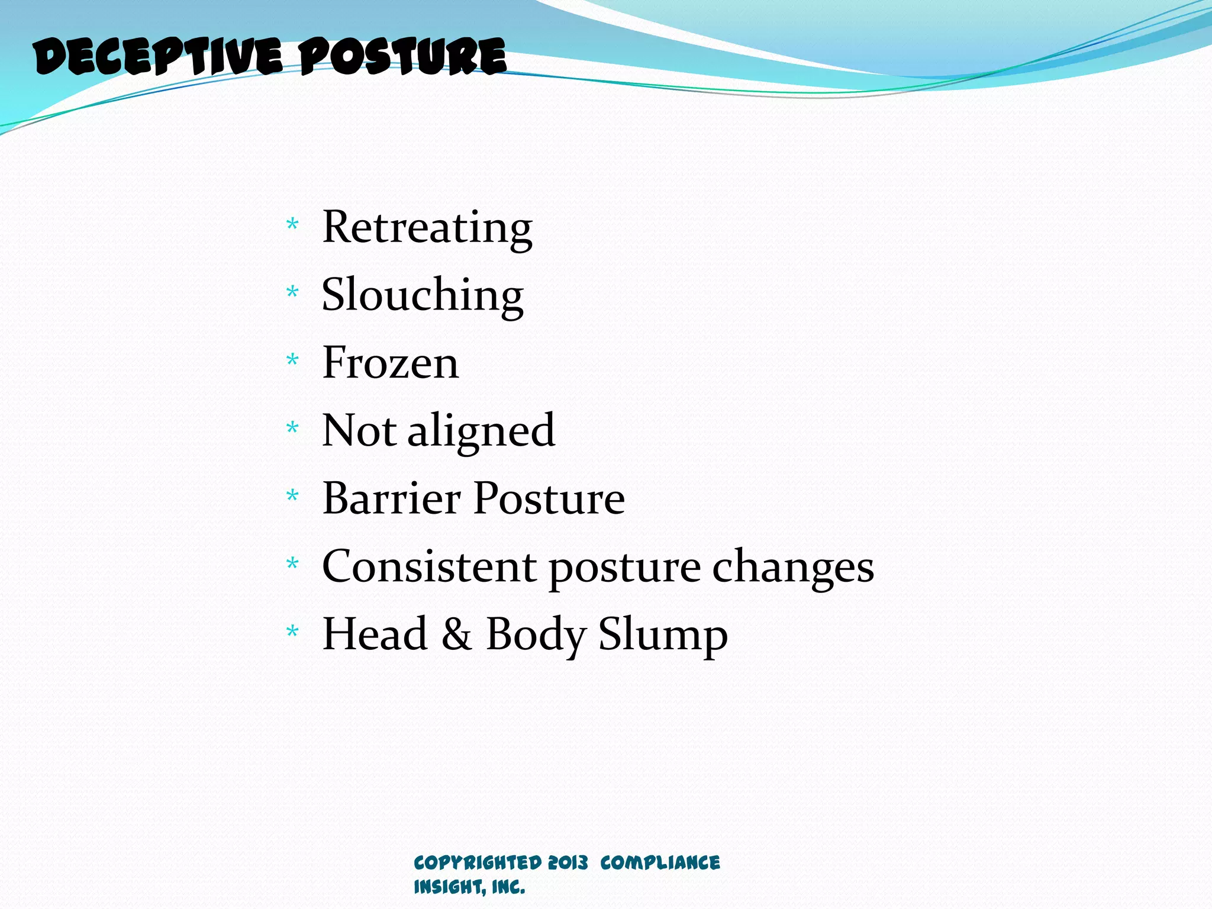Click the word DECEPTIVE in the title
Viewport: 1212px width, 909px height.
(159, 57)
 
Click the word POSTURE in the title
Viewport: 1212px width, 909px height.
(402, 57)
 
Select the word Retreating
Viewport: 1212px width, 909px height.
(427, 228)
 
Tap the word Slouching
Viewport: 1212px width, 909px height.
(422, 296)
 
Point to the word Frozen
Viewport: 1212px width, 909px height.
(390, 363)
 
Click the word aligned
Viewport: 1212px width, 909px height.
(481, 431)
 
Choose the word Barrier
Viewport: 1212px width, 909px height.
(391, 498)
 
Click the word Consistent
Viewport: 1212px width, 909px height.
(429, 566)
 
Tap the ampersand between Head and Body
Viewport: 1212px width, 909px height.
(456, 634)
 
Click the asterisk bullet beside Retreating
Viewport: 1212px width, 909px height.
(292, 224)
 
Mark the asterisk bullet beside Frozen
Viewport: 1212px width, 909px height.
(292, 359)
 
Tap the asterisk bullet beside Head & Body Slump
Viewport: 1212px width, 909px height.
(292, 631)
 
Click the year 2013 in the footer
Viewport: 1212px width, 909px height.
(568, 862)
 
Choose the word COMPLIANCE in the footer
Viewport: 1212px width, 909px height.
(660, 862)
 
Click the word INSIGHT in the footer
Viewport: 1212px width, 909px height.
(447, 887)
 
